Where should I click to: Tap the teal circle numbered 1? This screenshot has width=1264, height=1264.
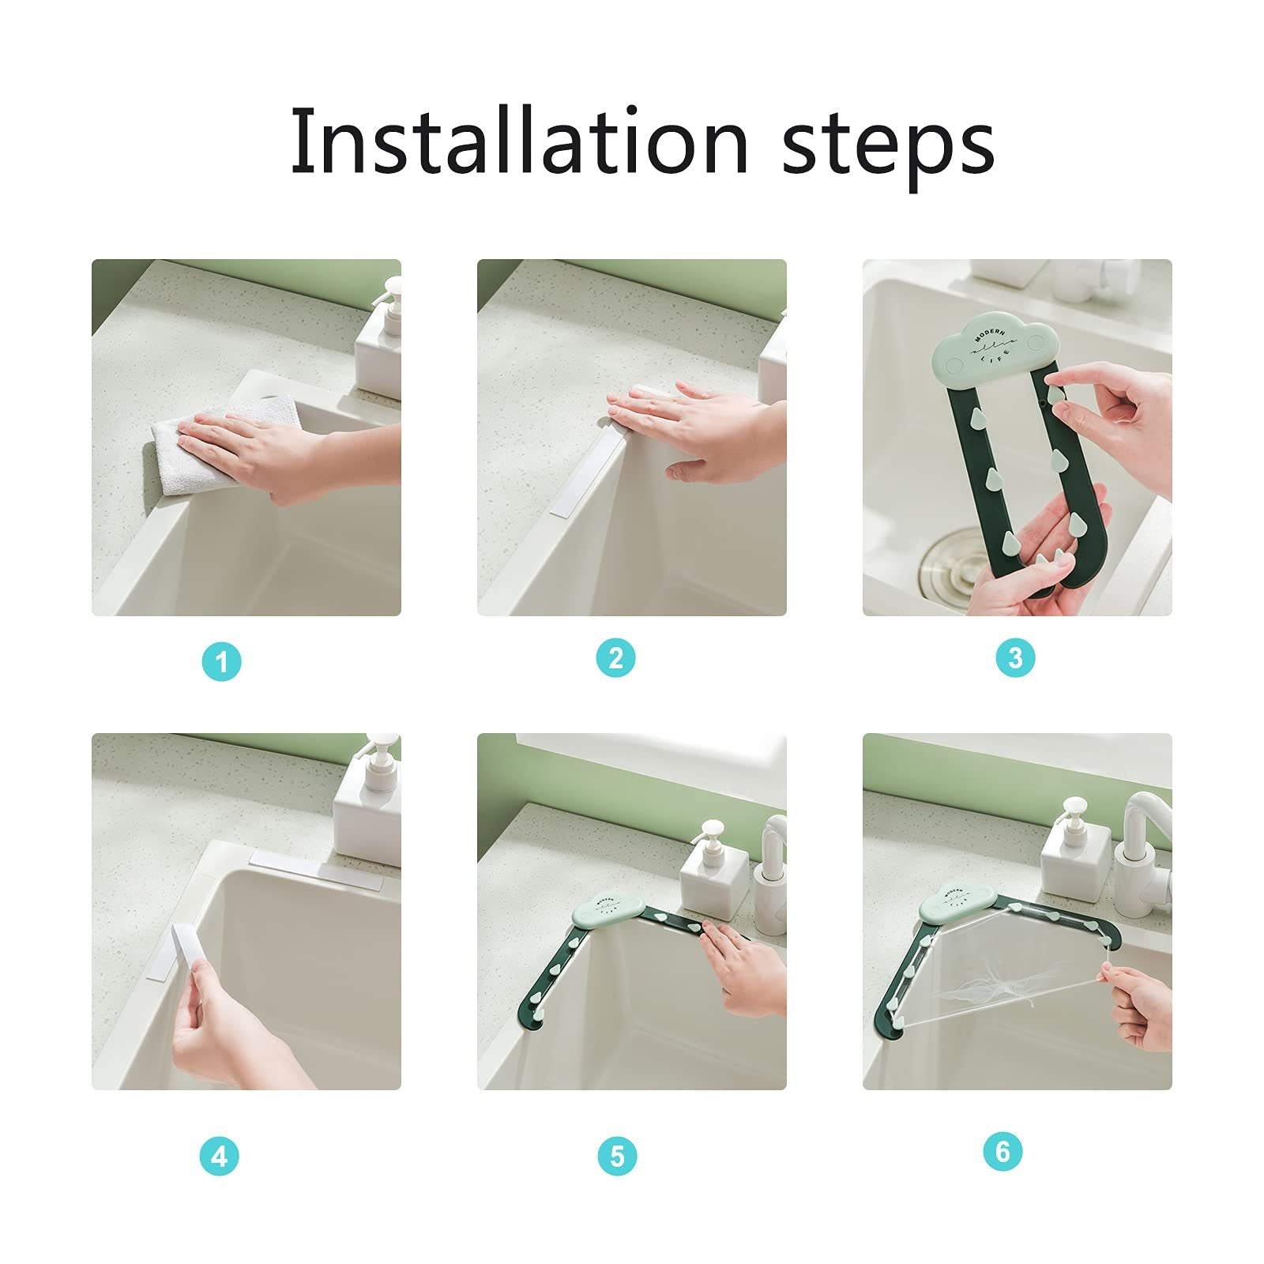(221, 661)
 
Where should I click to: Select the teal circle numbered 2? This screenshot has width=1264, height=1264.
(616, 657)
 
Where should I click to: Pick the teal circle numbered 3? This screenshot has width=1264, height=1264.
(1016, 657)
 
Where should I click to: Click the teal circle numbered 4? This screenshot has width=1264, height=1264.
(220, 1157)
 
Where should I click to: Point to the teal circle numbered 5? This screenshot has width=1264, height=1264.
(617, 1157)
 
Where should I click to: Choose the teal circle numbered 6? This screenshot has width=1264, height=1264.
(1003, 1151)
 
